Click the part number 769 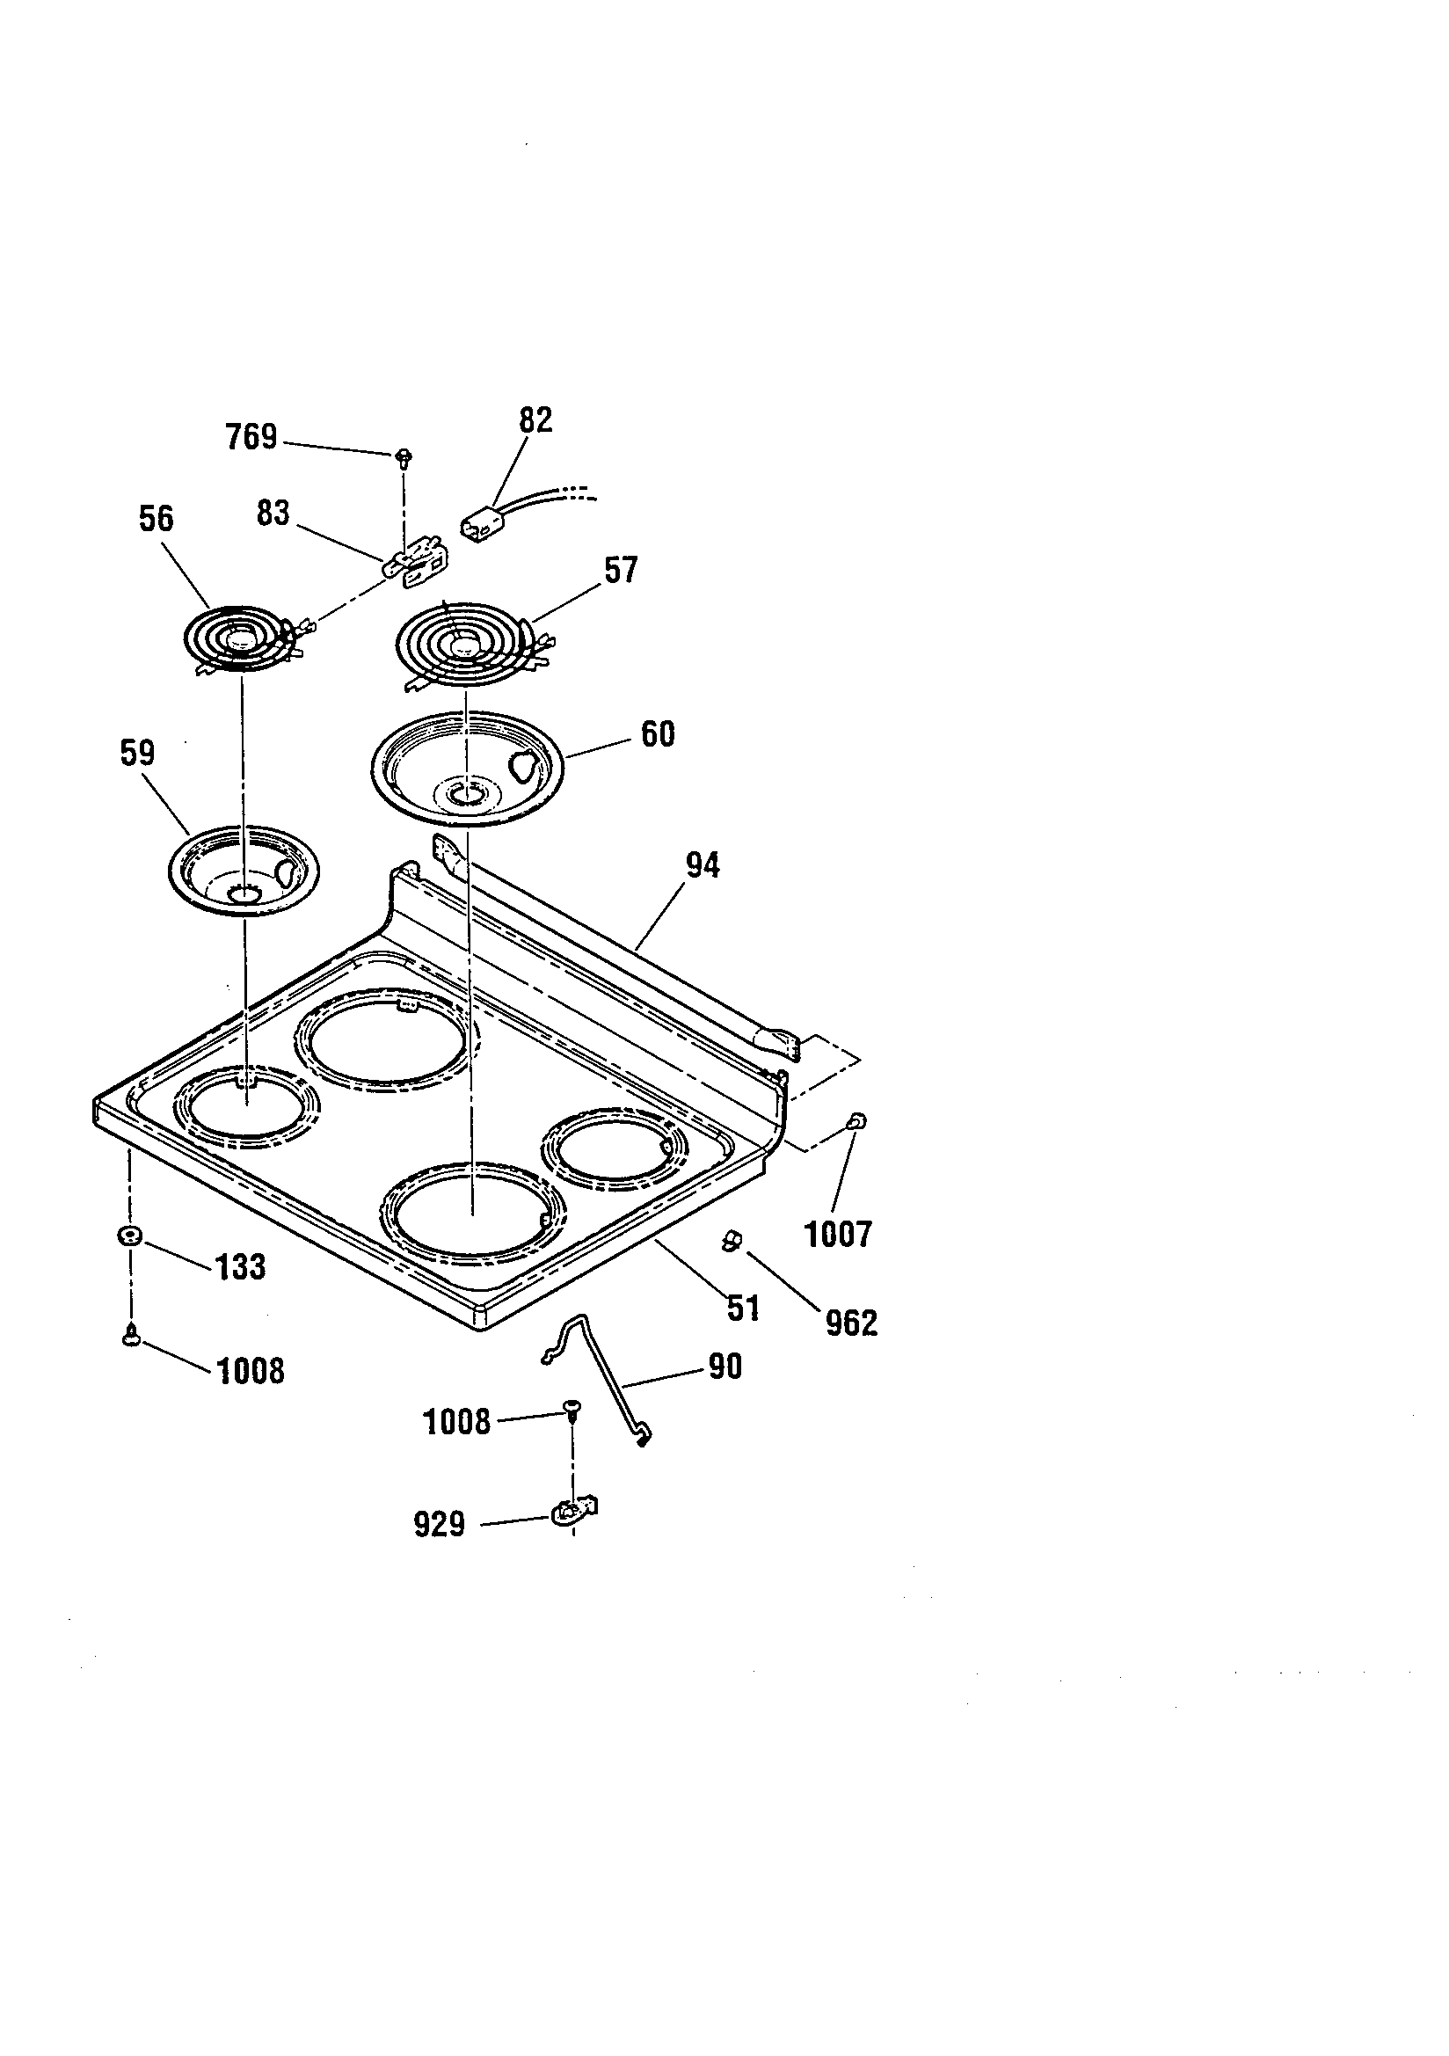(x=251, y=438)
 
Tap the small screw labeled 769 (x=403, y=456)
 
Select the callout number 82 (x=535, y=420)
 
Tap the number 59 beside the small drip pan (x=137, y=753)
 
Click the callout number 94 (x=703, y=866)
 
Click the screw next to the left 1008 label (x=132, y=1337)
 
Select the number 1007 (x=838, y=1235)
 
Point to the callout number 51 (x=743, y=1309)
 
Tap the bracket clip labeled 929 (x=573, y=1513)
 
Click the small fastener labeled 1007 (x=857, y=1121)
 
